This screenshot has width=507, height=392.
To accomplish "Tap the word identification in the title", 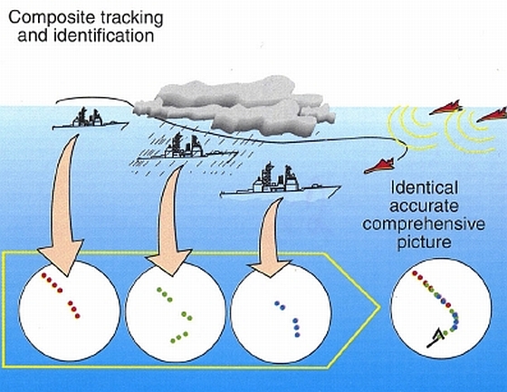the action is [x=103, y=35].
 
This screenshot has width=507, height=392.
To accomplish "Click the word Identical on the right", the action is [x=425, y=187].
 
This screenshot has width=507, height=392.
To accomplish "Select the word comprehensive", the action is [x=424, y=225].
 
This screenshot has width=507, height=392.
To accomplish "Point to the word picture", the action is [x=424, y=243].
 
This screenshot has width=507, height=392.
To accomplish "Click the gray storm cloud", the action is [x=234, y=105].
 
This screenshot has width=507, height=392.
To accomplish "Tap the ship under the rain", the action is [x=187, y=149].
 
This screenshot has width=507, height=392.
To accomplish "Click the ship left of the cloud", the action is [x=91, y=119].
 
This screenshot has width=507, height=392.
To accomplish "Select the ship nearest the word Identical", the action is [x=280, y=182].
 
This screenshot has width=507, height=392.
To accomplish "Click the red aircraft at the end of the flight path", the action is [x=380, y=167].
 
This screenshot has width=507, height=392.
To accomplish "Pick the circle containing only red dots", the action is [x=70, y=311].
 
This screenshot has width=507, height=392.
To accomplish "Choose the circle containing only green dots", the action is [x=176, y=311].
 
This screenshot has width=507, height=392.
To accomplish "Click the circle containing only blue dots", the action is [x=281, y=312].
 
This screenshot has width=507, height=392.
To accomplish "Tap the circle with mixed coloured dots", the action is [x=442, y=308].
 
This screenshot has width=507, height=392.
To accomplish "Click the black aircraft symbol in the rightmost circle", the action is [x=435, y=338].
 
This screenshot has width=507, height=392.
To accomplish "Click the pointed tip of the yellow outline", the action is [x=379, y=308].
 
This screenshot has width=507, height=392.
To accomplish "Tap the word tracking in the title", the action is [x=131, y=19].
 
